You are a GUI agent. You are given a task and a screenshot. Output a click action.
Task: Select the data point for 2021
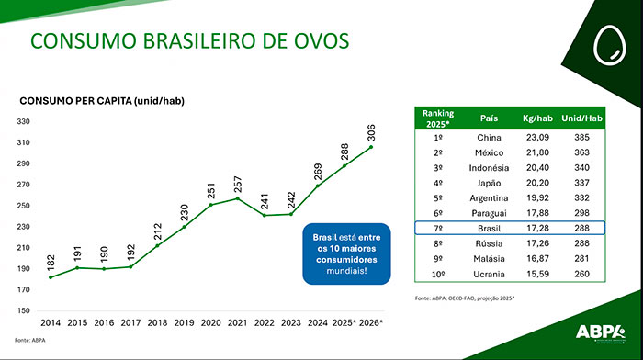(x=238, y=198)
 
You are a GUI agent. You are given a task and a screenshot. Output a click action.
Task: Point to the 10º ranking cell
(x=438, y=273)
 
